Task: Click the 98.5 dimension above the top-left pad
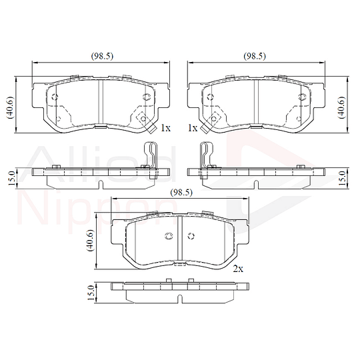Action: point(102,56)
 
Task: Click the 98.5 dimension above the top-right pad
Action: point(255,56)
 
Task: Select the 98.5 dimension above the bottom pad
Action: point(181,193)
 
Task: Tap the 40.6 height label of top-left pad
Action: point(11,107)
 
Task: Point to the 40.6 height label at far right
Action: point(341,107)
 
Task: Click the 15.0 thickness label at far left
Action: point(13,178)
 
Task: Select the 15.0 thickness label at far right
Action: point(342,178)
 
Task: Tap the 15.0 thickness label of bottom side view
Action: point(91,293)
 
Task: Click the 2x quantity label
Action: point(238,269)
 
